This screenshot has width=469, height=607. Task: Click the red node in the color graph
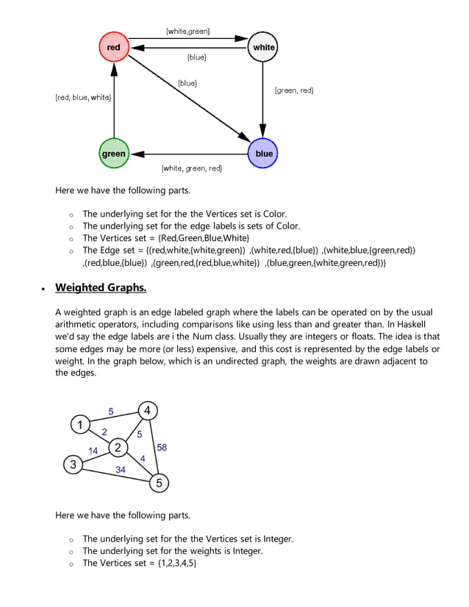(x=113, y=48)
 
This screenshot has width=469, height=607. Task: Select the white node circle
(x=263, y=48)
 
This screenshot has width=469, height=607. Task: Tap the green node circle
(x=113, y=154)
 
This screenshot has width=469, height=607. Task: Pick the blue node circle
(x=263, y=154)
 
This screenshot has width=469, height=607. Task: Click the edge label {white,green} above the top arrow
(x=188, y=31)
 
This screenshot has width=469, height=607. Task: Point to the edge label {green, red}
(x=294, y=90)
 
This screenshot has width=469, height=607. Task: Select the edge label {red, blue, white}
(x=83, y=97)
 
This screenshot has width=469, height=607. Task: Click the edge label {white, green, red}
(x=191, y=168)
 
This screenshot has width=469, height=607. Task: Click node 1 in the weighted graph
(x=80, y=424)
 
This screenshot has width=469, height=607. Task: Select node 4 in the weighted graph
(x=148, y=411)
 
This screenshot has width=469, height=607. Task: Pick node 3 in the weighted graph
(x=72, y=464)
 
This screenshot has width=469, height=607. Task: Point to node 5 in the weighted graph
(x=160, y=483)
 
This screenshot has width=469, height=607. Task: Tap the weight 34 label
(x=120, y=469)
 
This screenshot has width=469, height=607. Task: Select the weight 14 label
(x=93, y=450)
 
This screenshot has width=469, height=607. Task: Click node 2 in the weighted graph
(x=118, y=447)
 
